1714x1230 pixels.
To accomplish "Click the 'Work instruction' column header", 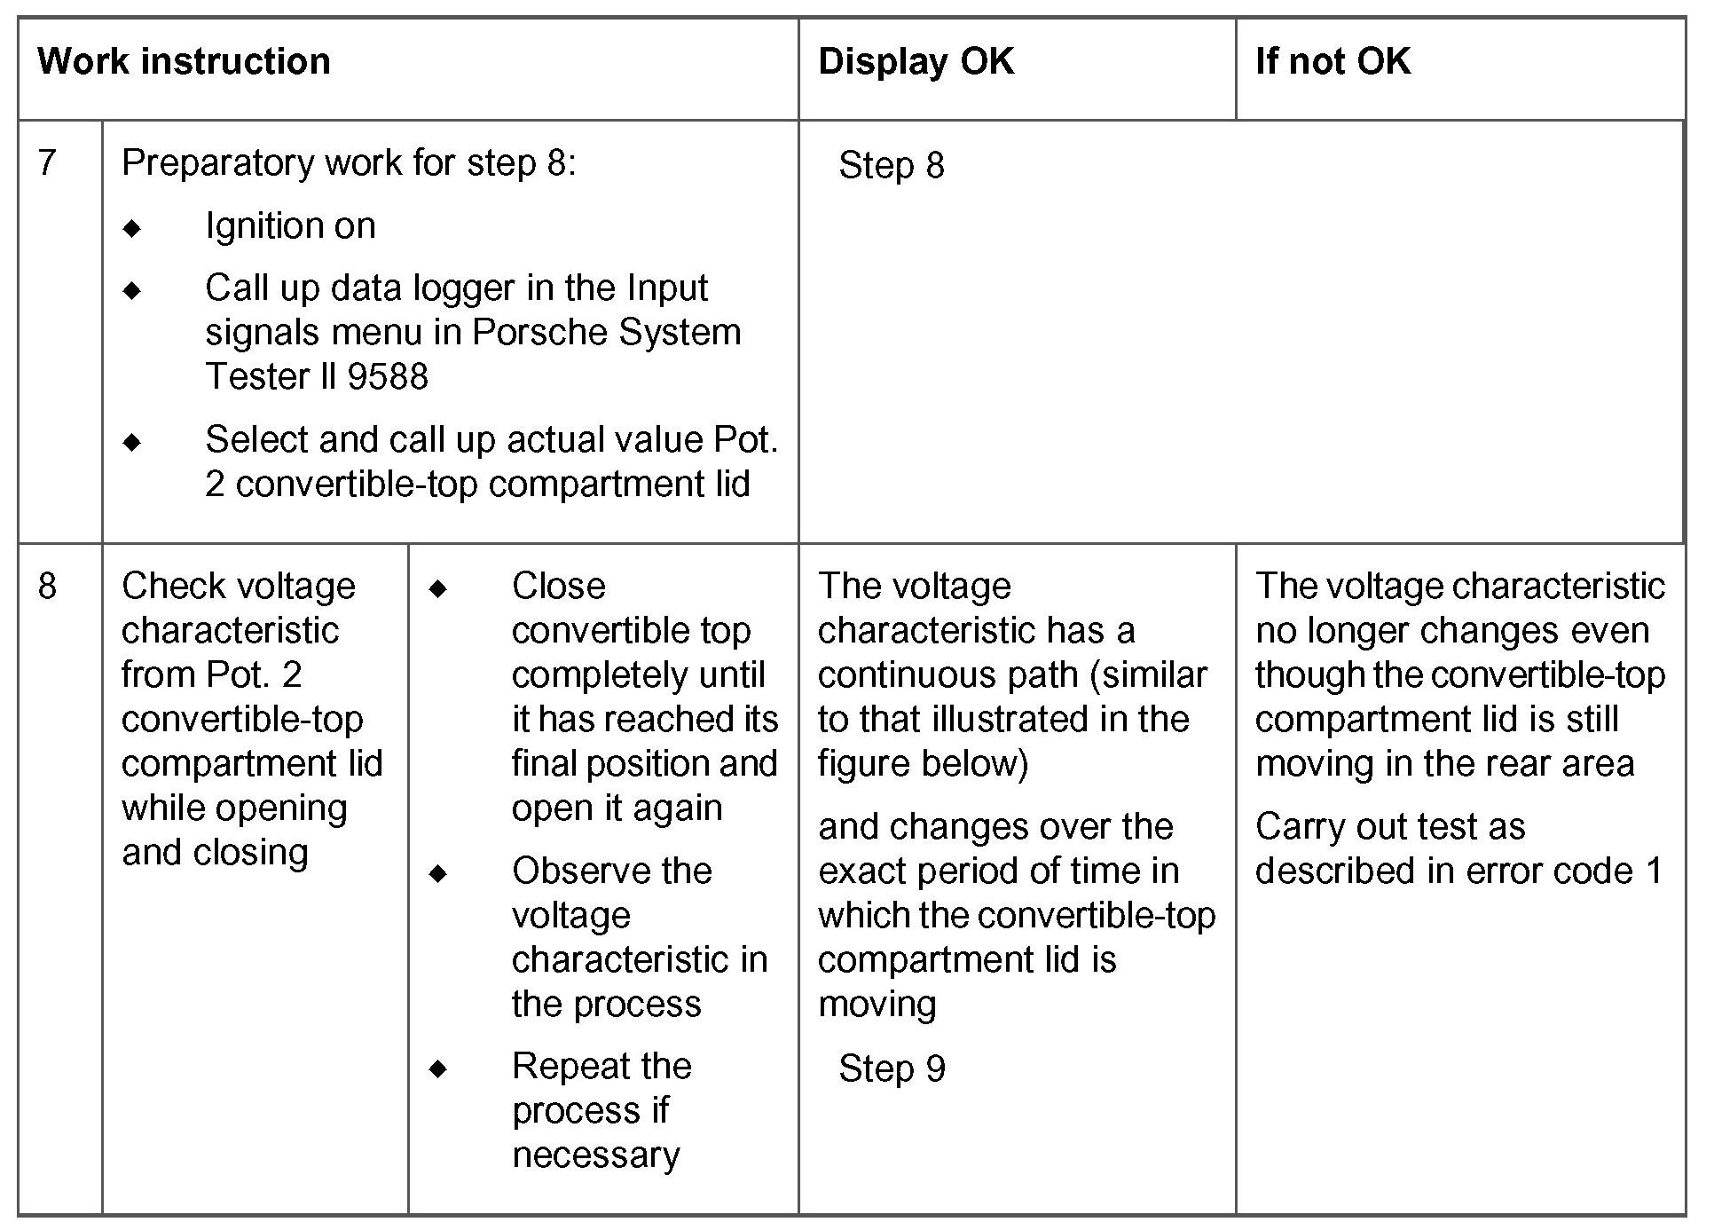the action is click(x=184, y=62).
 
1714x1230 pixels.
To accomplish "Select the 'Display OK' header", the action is click(x=916, y=62).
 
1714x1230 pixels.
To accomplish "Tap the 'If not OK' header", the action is click(x=1333, y=62).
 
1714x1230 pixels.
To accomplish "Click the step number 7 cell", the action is click(x=48, y=163).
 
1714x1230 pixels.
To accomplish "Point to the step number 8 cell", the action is click(x=48, y=587).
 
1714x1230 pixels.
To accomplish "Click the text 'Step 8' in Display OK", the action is click(x=892, y=166).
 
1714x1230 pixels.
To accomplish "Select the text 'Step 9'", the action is click(x=892, y=1069).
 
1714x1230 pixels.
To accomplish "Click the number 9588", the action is click(x=388, y=377).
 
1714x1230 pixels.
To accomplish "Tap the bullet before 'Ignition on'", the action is click(x=133, y=229).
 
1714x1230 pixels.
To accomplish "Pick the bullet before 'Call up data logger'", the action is click(x=133, y=290).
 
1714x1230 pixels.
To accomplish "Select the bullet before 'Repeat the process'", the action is click(x=438, y=1068).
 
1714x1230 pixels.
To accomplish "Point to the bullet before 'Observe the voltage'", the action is click(x=438, y=873).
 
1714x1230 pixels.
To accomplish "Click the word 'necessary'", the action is click(x=596, y=1155).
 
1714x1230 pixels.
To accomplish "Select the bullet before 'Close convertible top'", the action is click(x=438, y=588).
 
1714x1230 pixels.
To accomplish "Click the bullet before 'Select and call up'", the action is click(x=133, y=442).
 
